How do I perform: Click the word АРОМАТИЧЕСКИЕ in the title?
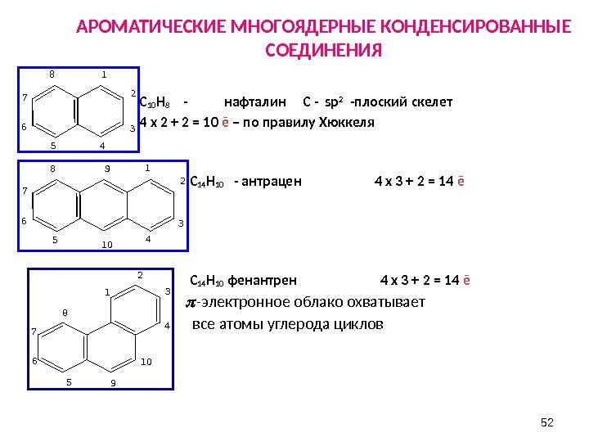(140, 28)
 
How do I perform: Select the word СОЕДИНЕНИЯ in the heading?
(324, 52)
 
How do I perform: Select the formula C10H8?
(155, 103)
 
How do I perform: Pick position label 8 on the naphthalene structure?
(52, 74)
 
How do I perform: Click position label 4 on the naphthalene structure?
(102, 146)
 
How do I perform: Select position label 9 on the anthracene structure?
(107, 169)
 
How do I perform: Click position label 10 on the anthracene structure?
(107, 244)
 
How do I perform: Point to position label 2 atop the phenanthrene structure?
(140, 276)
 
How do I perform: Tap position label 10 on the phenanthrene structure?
(146, 362)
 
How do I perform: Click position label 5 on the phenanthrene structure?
(69, 381)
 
